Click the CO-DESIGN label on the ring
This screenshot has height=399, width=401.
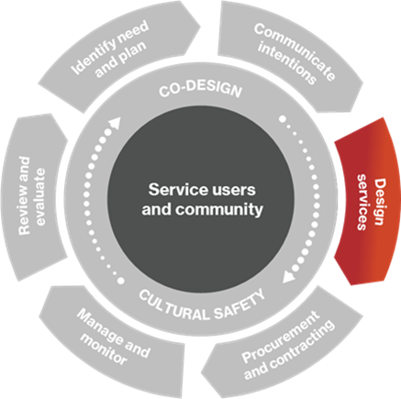pyautogui.click(x=200, y=91)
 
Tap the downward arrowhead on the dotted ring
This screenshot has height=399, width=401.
pyautogui.click(x=287, y=272)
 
